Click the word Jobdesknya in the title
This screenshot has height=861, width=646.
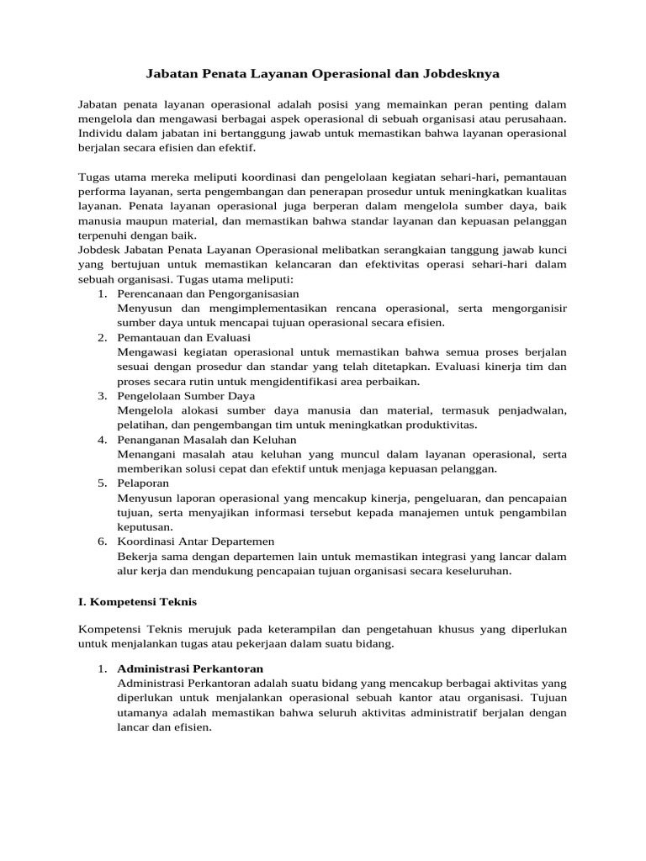click(458, 74)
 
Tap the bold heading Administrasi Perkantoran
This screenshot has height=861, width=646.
click(191, 669)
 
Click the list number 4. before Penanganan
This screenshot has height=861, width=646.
click(102, 439)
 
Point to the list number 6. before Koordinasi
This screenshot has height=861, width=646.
click(102, 541)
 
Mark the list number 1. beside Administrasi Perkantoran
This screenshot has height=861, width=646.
click(102, 669)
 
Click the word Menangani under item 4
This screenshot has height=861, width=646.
click(149, 453)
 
